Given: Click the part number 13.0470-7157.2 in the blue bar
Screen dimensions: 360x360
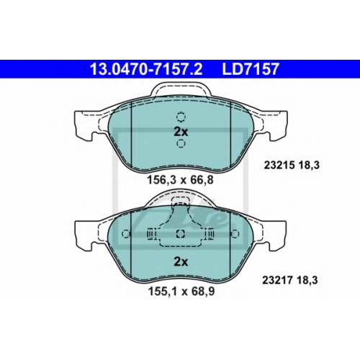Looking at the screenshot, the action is point(146,69).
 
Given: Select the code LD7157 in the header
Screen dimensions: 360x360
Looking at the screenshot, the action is point(251,69).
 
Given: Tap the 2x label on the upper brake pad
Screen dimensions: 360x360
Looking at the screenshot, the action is point(181,132).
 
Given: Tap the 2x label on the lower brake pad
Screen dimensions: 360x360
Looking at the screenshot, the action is point(181,262).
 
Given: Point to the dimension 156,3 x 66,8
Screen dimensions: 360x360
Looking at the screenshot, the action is point(180,180).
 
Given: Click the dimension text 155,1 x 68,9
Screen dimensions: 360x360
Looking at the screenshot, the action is point(181,292).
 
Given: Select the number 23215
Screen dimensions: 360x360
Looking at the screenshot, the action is point(279,165).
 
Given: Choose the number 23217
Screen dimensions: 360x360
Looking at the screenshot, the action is point(277,280).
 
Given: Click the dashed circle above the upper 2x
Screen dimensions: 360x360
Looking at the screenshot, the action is point(181,117).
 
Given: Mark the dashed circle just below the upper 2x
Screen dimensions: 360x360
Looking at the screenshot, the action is point(181,144).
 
